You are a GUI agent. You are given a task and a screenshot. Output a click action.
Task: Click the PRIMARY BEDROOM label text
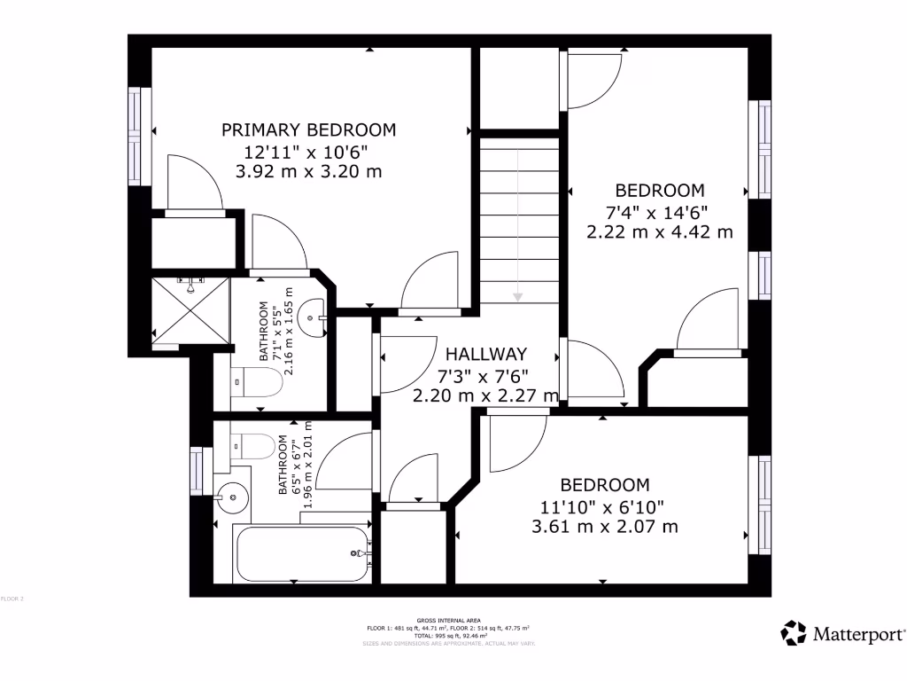coord(308,130)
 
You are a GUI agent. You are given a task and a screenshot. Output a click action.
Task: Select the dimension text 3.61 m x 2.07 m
coord(604,527)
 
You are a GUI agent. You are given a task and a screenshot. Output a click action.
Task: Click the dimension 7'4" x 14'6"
coord(659,212)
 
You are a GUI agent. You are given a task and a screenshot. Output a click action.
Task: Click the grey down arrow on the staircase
coord(517,295)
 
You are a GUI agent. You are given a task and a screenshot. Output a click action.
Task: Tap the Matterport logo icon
coord(793,633)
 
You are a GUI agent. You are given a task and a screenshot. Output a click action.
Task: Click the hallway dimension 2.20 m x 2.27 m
coord(485,395)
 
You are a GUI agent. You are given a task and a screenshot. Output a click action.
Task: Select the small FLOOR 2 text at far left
coord(12,599)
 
